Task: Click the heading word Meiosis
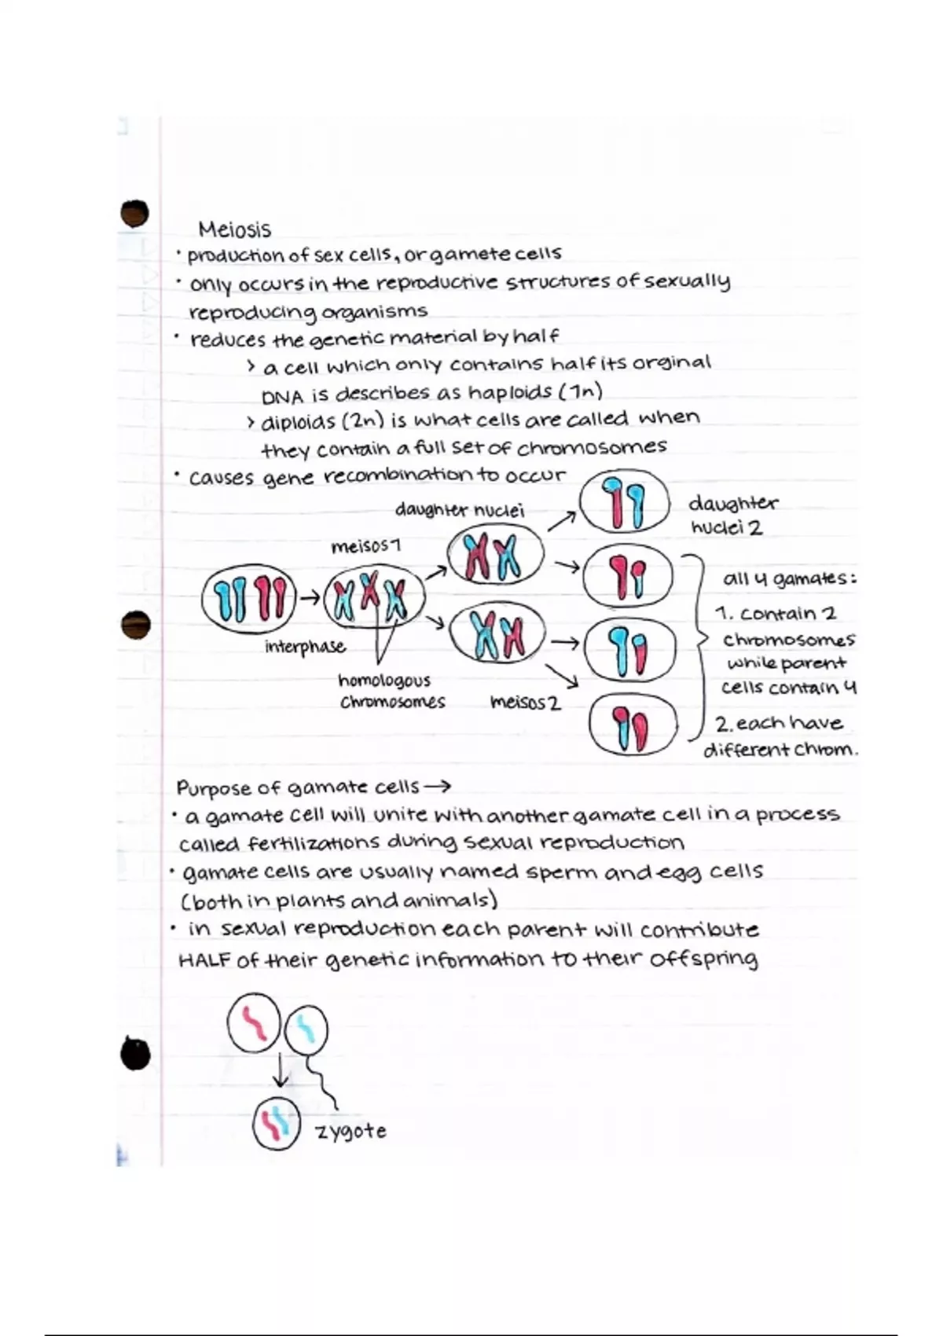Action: [x=234, y=229]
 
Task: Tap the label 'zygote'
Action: [x=350, y=1131]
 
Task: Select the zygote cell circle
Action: [x=276, y=1124]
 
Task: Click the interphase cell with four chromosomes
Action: [x=249, y=600]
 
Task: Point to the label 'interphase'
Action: [x=305, y=647]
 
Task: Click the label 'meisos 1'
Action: [x=366, y=545]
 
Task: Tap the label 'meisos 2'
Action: [x=525, y=702]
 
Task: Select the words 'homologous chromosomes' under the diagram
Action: [x=391, y=691]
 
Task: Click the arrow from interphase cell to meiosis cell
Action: [x=310, y=599]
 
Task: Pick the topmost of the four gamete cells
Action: [x=625, y=504]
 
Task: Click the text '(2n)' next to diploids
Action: [x=362, y=421]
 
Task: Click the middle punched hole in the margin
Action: [x=136, y=625]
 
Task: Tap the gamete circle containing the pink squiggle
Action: [x=253, y=1022]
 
